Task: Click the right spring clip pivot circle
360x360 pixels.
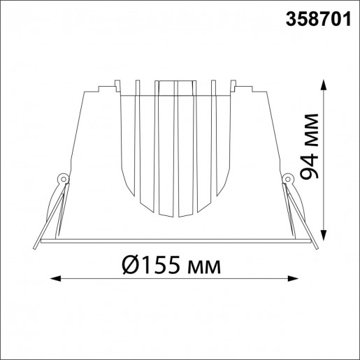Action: [287, 179]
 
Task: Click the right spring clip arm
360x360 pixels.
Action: [301, 210]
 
